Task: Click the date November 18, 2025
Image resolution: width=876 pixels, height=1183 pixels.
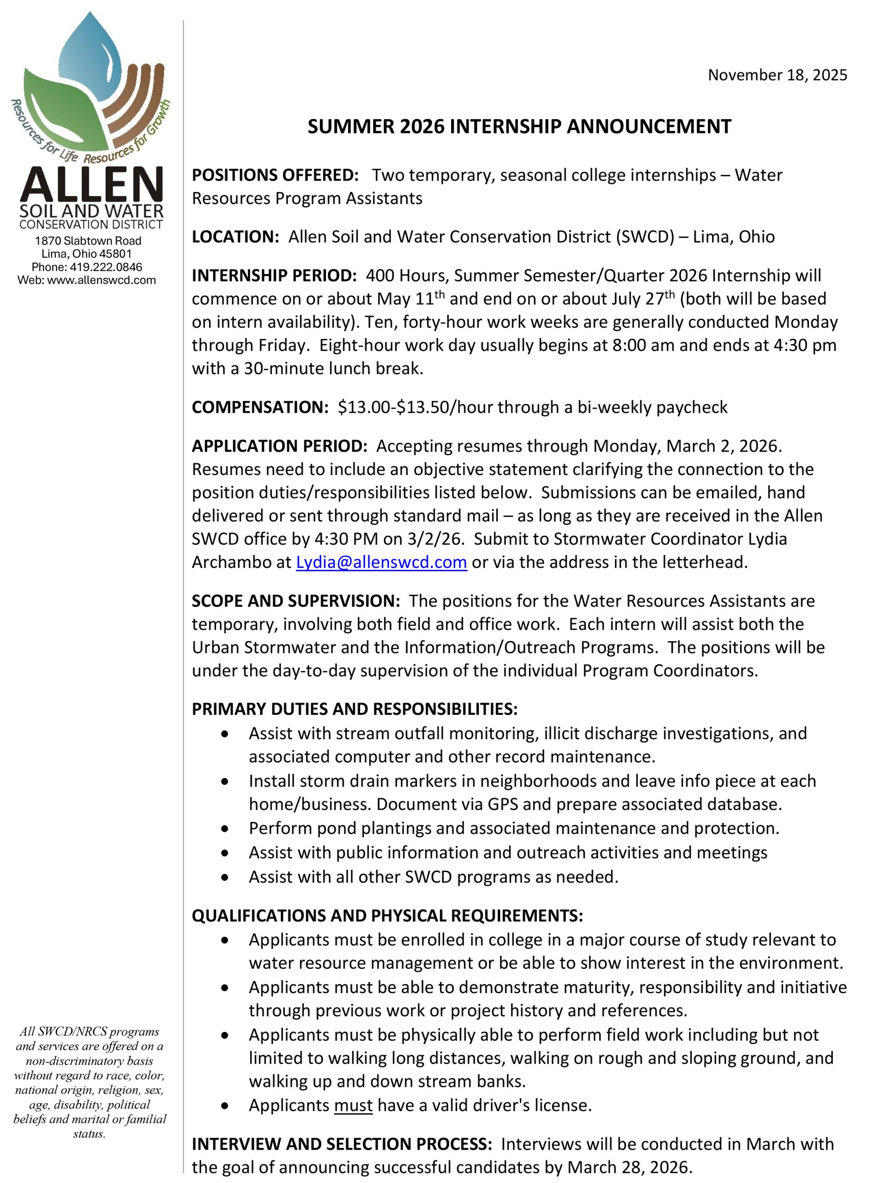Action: [777, 75]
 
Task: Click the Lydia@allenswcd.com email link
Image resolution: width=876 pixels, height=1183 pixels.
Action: [381, 562]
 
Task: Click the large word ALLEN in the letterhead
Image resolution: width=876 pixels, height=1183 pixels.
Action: [91, 184]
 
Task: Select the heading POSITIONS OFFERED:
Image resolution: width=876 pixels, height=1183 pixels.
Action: [275, 175]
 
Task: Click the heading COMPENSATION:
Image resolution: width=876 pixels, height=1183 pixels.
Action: [260, 407]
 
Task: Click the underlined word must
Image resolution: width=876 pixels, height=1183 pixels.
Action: [353, 1105]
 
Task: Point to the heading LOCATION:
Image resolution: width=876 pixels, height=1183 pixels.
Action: [235, 237]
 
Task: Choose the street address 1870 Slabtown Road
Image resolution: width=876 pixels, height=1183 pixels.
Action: [88, 241]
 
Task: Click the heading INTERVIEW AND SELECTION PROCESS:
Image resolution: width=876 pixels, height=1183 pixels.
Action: [342, 1144]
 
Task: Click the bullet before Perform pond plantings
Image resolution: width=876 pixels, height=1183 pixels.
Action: [225, 828]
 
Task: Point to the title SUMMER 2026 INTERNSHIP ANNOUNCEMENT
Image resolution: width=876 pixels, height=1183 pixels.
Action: [519, 127]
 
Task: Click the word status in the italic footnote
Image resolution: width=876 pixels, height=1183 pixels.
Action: [89, 1134]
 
